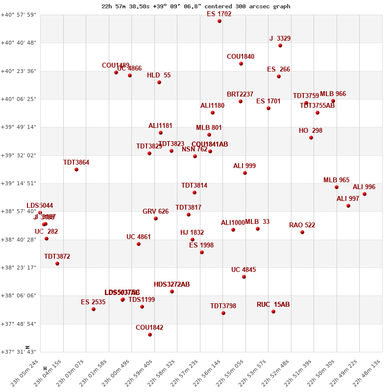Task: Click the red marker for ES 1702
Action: pos(220,21)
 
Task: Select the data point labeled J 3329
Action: pos(280,46)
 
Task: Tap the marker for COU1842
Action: pos(150,335)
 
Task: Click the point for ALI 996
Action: pos(365,194)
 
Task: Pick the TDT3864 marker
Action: pos(76,170)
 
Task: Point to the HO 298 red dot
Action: pos(311,138)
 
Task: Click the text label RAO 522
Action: pos(302,225)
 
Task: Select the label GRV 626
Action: pos(155,212)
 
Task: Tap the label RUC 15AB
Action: pos(273,305)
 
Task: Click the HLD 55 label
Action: pos(159,75)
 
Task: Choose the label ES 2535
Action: pos(93,302)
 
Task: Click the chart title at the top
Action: pos(196,6)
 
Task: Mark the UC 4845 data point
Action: pos(244,277)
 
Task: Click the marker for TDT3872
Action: pos(57,264)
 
